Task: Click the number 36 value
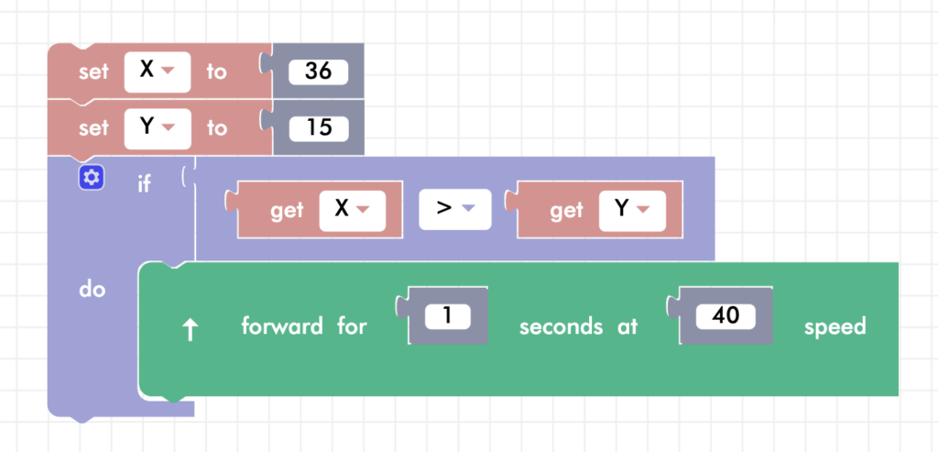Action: tap(317, 71)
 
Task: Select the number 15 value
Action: tap(317, 127)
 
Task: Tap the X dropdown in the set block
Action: tap(157, 71)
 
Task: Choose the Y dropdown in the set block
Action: tap(157, 127)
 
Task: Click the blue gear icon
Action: tap(92, 178)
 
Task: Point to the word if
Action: tap(144, 183)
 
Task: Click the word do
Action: tap(92, 290)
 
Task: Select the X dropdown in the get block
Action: tap(352, 210)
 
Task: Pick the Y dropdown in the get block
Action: tap(631, 210)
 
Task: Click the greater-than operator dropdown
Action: tap(455, 210)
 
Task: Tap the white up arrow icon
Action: tap(191, 330)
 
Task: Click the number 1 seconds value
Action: tap(447, 317)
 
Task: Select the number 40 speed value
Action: tap(725, 317)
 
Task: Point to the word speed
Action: tap(834, 326)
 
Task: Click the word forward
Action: tap(282, 326)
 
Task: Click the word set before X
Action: tap(93, 72)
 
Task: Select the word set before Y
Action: tap(93, 128)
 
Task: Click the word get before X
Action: tap(287, 211)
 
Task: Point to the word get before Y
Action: tap(566, 211)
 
